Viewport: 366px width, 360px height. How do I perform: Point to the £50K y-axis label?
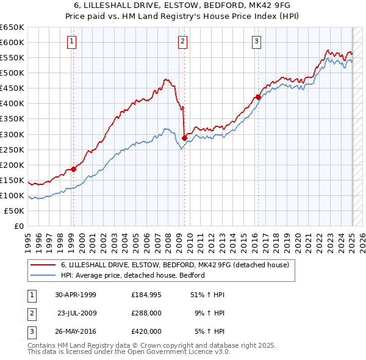click(x=15, y=211)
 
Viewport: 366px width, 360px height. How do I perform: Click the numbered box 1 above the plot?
click(x=72, y=41)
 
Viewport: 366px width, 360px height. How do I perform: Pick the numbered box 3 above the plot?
click(x=257, y=41)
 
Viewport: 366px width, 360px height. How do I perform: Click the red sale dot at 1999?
click(x=73, y=169)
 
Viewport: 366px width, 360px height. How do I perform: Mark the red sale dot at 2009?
click(x=184, y=138)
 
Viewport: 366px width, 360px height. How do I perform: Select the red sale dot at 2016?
click(x=258, y=97)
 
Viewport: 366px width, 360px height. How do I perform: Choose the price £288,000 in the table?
click(x=146, y=313)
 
